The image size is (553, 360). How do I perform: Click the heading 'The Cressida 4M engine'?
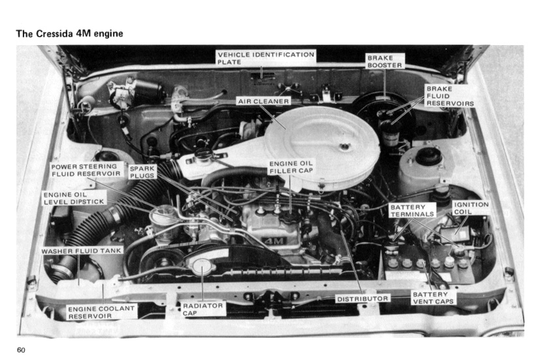click(x=69, y=33)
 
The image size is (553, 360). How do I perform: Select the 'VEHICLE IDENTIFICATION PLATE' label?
click(x=265, y=57)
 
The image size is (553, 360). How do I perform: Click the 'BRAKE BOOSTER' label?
click(x=384, y=61)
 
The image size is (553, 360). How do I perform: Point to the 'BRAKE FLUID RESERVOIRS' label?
click(x=449, y=96)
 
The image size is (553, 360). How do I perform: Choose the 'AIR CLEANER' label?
click(x=263, y=101)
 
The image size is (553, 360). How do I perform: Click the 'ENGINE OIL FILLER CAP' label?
click(x=291, y=167)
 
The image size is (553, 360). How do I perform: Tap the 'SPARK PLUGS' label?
click(x=142, y=172)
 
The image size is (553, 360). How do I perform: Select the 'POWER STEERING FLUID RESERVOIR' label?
click(x=87, y=170)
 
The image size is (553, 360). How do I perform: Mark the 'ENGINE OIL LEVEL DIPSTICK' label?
click(x=73, y=198)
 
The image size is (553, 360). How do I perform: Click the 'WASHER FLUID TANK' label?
click(x=82, y=250)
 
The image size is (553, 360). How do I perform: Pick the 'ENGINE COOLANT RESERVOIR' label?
click(x=101, y=312)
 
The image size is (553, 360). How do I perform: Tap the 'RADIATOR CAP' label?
click(x=203, y=308)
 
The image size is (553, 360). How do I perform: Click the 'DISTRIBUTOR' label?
click(x=363, y=299)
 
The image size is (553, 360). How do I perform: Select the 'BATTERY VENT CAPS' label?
click(x=433, y=299)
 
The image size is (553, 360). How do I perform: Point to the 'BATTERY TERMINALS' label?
click(x=412, y=210)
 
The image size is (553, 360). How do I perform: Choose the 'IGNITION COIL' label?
click(x=470, y=208)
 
